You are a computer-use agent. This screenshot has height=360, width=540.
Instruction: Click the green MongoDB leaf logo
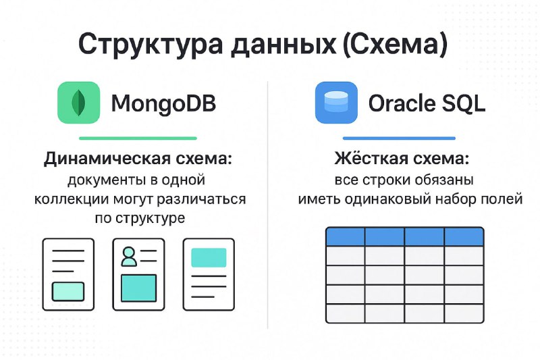78,103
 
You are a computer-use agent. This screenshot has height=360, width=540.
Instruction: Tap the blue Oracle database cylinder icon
336,103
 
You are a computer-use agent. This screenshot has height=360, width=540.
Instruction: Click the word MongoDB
163,103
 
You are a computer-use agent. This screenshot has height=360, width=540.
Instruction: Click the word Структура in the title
151,45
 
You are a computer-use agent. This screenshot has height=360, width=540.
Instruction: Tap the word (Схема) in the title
396,44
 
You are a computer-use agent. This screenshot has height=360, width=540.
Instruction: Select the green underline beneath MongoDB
138,138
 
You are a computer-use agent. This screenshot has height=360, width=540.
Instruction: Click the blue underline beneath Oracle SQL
399,138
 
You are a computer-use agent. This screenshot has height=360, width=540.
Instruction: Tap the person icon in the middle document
129,256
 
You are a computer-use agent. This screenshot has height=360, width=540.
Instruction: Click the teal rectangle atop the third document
209,258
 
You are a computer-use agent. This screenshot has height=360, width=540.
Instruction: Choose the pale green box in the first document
68,292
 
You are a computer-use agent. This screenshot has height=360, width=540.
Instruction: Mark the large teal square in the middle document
139,288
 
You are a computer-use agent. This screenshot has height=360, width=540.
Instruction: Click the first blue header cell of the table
346,236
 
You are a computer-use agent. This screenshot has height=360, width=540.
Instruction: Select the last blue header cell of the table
464,236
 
